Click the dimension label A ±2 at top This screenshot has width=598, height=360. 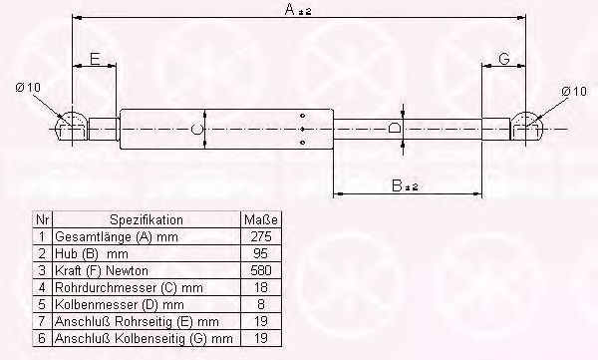coord(296,10)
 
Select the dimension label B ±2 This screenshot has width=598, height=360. coord(403,183)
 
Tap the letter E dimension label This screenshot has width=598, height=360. coord(94,60)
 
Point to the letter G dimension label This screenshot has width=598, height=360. coord(504,60)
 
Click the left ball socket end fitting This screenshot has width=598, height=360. coord(70,127)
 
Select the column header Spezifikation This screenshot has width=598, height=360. coord(146,219)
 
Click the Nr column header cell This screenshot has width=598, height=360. coord(41,219)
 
